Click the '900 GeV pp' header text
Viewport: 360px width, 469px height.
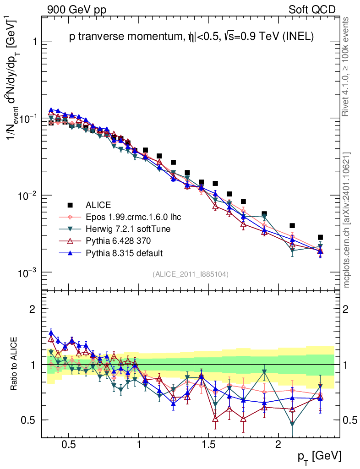coord(76,10)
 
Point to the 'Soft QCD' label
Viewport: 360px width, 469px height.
coord(311,10)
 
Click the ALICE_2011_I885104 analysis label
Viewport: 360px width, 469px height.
coord(191,274)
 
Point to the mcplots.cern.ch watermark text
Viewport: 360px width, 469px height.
coord(347,220)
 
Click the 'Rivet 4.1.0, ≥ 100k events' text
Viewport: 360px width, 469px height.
coord(347,66)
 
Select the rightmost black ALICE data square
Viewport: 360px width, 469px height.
coord(320,237)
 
